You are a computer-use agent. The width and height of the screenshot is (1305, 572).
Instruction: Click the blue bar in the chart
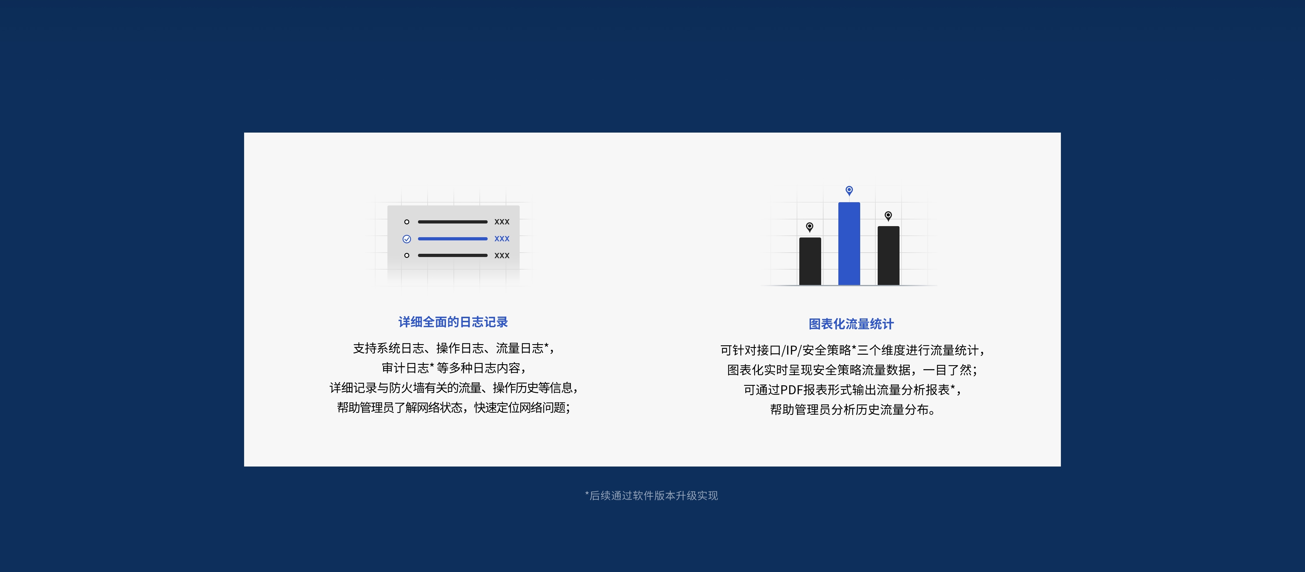[x=849, y=244]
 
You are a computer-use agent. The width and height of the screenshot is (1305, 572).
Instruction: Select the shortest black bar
[x=810, y=261]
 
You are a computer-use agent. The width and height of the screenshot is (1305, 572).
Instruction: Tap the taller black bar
[x=888, y=256]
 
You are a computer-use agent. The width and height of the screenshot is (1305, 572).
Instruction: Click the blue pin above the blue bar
[x=849, y=191]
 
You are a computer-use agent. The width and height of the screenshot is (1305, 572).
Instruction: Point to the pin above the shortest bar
[x=810, y=227]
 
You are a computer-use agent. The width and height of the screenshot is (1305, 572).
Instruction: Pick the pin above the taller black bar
[x=888, y=216]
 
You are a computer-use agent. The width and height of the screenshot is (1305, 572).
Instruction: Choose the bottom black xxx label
[x=502, y=255]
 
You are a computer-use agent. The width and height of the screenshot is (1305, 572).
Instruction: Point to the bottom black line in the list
[x=452, y=255]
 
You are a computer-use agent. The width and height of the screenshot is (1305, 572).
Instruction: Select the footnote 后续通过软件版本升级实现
[x=653, y=495]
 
